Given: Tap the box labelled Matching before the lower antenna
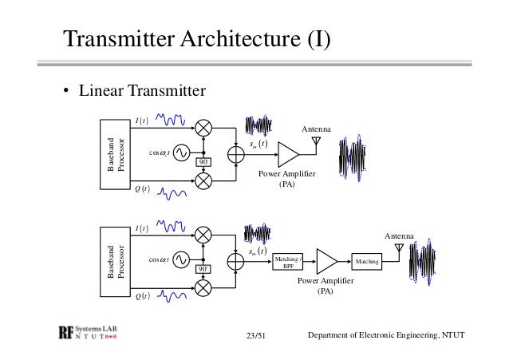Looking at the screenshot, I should [366, 261].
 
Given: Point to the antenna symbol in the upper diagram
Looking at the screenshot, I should [317, 142].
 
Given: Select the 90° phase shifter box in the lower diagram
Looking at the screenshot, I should [205, 270].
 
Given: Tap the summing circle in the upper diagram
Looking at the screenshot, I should [238, 152].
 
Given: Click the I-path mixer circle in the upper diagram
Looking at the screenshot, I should [204, 127].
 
